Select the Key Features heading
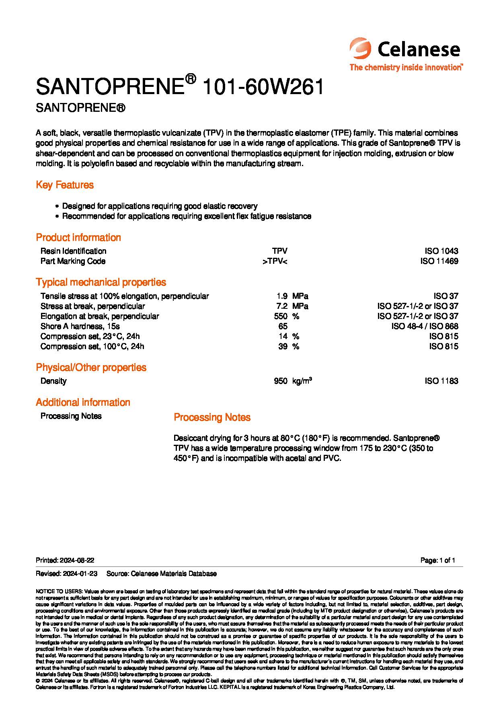click(65, 185)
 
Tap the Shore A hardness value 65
click(283, 326)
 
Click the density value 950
click(281, 381)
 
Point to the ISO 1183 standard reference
click(441, 381)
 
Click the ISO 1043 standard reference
click(441, 251)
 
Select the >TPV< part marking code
click(275, 261)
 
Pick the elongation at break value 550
click(281, 316)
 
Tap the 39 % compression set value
click(283, 346)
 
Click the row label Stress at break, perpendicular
click(92, 306)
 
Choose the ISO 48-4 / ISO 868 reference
click(425, 326)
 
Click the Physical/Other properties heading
click(91, 367)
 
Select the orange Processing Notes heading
click(212, 417)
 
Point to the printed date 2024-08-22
click(77, 560)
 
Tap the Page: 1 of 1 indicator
click(437, 560)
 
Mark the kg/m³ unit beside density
click(302, 381)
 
